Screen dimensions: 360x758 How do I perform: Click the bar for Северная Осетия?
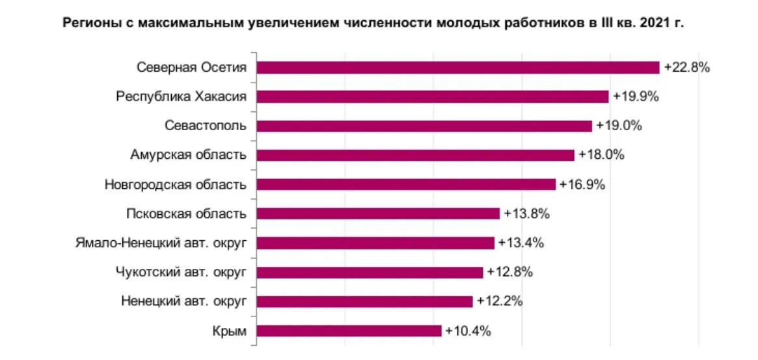click(458, 68)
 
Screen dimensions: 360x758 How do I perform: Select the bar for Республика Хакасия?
click(433, 97)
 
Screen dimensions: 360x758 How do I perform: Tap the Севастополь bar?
click(424, 126)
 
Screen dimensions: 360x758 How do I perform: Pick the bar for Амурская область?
click(415, 155)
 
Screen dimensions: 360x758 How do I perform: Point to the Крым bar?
click(349, 331)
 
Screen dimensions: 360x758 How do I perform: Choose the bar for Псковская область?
click(378, 214)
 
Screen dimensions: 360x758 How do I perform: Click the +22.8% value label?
click(686, 68)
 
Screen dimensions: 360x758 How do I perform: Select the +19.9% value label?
click(636, 97)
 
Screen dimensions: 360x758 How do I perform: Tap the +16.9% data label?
click(582, 184)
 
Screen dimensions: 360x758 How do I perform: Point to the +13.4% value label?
click(521, 243)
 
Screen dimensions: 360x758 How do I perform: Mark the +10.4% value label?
click(468, 331)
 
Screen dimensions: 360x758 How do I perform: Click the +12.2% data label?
click(499, 301)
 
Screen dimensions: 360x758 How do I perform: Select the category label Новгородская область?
click(175, 184)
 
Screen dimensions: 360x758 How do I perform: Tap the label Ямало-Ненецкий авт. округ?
click(161, 243)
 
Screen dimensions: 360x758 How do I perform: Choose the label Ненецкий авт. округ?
click(183, 301)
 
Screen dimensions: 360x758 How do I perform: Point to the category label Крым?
click(230, 331)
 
